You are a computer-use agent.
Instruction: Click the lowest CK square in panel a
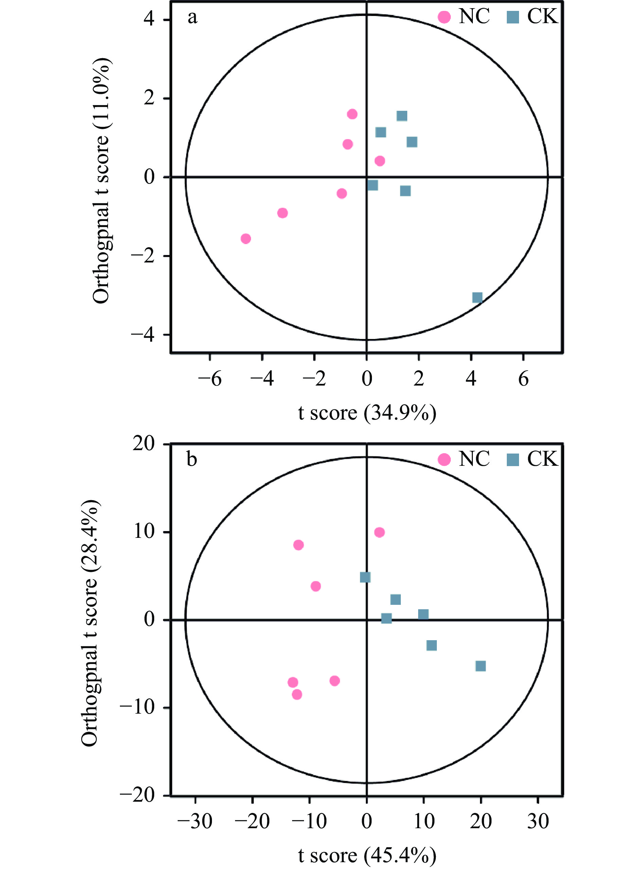click(477, 297)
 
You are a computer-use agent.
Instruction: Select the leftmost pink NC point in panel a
click(246, 238)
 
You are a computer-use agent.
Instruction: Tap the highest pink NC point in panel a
click(352, 114)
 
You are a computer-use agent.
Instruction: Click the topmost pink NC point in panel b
click(379, 532)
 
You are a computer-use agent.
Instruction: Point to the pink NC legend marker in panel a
click(444, 17)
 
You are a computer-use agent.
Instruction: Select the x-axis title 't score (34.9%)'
click(367, 413)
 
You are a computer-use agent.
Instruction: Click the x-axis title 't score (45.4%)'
click(367, 855)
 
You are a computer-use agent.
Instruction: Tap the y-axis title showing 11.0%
click(102, 181)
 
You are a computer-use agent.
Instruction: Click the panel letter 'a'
click(192, 17)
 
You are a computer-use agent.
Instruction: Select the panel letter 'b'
click(192, 459)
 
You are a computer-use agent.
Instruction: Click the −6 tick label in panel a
click(210, 378)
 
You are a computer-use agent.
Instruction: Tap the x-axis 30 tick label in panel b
click(538, 821)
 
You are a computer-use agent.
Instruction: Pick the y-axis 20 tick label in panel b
click(143, 443)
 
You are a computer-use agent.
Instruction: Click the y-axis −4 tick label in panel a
click(143, 335)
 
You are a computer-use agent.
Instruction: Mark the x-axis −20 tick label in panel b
click(253, 821)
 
